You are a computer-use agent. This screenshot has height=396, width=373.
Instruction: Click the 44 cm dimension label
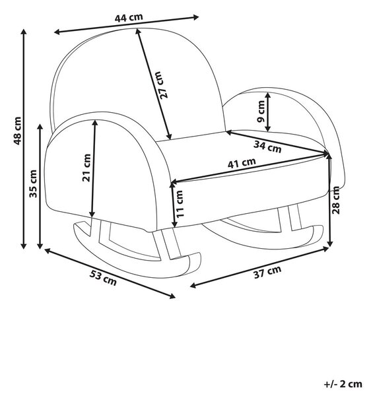click(129, 18)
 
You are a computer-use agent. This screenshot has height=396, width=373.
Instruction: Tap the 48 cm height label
click(17, 131)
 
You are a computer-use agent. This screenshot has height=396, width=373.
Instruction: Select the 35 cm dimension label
click(33, 183)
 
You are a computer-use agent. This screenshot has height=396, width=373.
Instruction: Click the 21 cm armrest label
click(86, 168)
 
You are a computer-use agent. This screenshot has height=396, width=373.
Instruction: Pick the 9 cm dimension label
click(261, 111)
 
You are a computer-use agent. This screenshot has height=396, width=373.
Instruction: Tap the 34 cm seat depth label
click(267, 147)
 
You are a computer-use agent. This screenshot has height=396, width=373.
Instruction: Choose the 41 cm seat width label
click(242, 163)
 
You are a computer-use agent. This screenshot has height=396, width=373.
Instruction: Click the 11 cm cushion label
click(180, 204)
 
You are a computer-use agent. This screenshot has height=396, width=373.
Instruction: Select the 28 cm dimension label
click(335, 200)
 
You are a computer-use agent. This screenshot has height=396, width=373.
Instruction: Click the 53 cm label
click(103, 278)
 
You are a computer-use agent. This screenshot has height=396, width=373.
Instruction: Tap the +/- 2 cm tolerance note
click(343, 384)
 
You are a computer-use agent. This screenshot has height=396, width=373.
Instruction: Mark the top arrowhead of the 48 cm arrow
click(24, 32)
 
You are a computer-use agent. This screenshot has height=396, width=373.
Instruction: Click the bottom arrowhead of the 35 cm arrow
click(40, 246)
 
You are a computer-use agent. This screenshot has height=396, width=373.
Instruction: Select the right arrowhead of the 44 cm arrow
click(196, 17)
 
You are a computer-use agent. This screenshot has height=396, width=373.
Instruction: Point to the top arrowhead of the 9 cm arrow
click(268, 95)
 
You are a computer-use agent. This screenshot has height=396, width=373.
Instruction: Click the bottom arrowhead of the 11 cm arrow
click(174, 224)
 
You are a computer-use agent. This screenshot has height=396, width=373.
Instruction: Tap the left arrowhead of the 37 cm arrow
click(193, 286)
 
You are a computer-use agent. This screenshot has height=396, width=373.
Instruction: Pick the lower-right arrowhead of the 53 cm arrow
click(172, 296)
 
